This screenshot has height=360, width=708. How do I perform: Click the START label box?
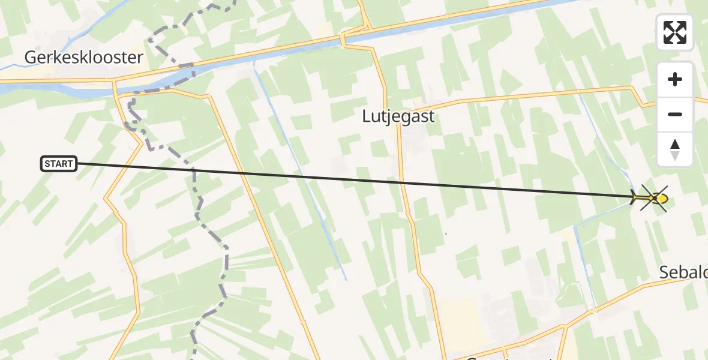tap(59, 164)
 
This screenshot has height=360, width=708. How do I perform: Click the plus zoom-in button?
tap(675, 80)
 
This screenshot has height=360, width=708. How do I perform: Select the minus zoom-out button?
tap(675, 114)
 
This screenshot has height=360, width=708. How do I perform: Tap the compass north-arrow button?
tap(675, 149)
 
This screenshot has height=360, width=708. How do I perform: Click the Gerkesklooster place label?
tap(84, 58)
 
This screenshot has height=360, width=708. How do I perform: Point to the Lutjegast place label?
tap(398, 116)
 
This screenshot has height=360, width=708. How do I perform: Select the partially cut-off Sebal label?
tap(683, 272)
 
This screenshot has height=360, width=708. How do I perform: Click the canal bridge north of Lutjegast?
tap(343, 40)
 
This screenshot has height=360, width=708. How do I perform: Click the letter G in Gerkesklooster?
tap(31, 58)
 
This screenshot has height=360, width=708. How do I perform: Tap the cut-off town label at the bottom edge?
tap(504, 356)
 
